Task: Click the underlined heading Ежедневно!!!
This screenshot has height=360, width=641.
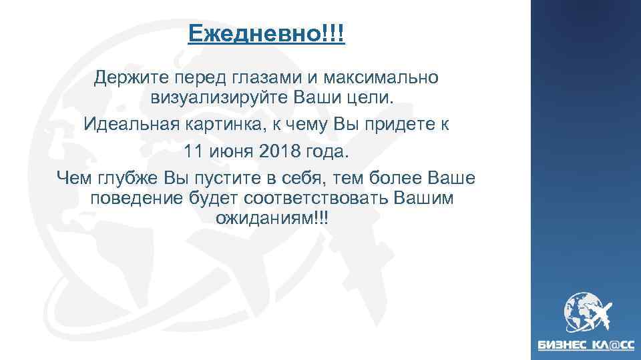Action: [x=266, y=33]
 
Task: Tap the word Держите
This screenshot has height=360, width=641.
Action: [x=125, y=77]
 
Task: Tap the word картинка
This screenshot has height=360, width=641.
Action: [x=222, y=124]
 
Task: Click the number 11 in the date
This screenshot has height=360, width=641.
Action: [x=194, y=151]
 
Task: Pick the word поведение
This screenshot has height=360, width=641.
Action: [x=128, y=199]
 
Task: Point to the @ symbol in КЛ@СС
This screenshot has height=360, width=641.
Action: [x=613, y=345]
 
